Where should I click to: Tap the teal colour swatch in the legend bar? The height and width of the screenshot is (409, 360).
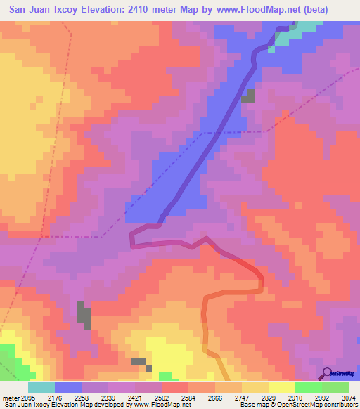(41, 387)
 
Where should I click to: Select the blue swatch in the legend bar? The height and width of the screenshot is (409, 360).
(67, 387)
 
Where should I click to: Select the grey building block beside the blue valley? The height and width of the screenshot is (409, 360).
(248, 96)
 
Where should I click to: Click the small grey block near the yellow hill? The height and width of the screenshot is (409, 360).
(139, 361)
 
